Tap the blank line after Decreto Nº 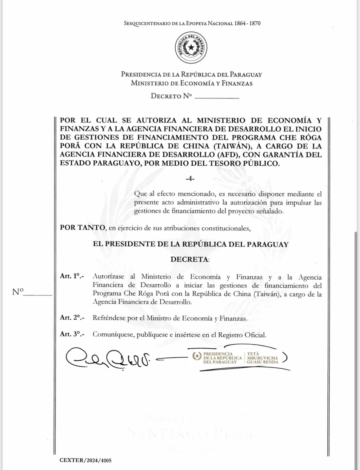217,97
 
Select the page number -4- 190,179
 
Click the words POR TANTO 82,228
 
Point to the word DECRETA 190,259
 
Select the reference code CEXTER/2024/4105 86,461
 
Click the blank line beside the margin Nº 38,295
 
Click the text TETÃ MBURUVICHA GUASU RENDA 262,358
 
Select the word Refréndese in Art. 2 109,318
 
